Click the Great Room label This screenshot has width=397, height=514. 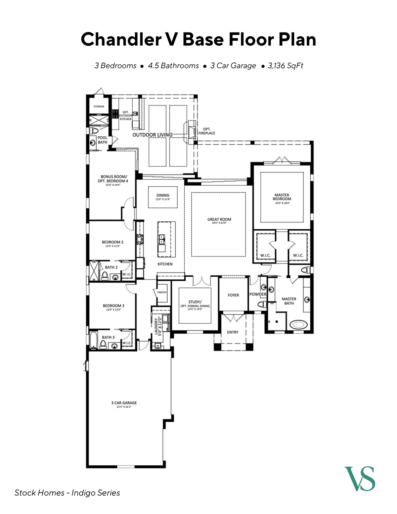click(219, 219)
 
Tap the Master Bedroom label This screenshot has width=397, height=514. click(282, 197)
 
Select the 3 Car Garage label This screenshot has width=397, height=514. click(124, 403)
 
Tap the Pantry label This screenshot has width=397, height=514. click(162, 293)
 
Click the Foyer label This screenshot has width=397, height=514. click(233, 295)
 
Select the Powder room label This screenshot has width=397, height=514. click(258, 294)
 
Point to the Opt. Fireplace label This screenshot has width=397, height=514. click(207, 131)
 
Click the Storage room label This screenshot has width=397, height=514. click(99, 107)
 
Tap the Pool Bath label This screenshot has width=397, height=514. click(102, 140)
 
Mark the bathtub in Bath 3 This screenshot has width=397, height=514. click(93, 340)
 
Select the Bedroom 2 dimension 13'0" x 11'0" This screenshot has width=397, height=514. click(112, 246)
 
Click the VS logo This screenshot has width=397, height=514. click(360, 479)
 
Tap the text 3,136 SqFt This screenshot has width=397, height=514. click(285, 66)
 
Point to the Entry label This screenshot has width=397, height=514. click(233, 332)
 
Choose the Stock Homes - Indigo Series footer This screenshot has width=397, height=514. click(67, 493)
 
